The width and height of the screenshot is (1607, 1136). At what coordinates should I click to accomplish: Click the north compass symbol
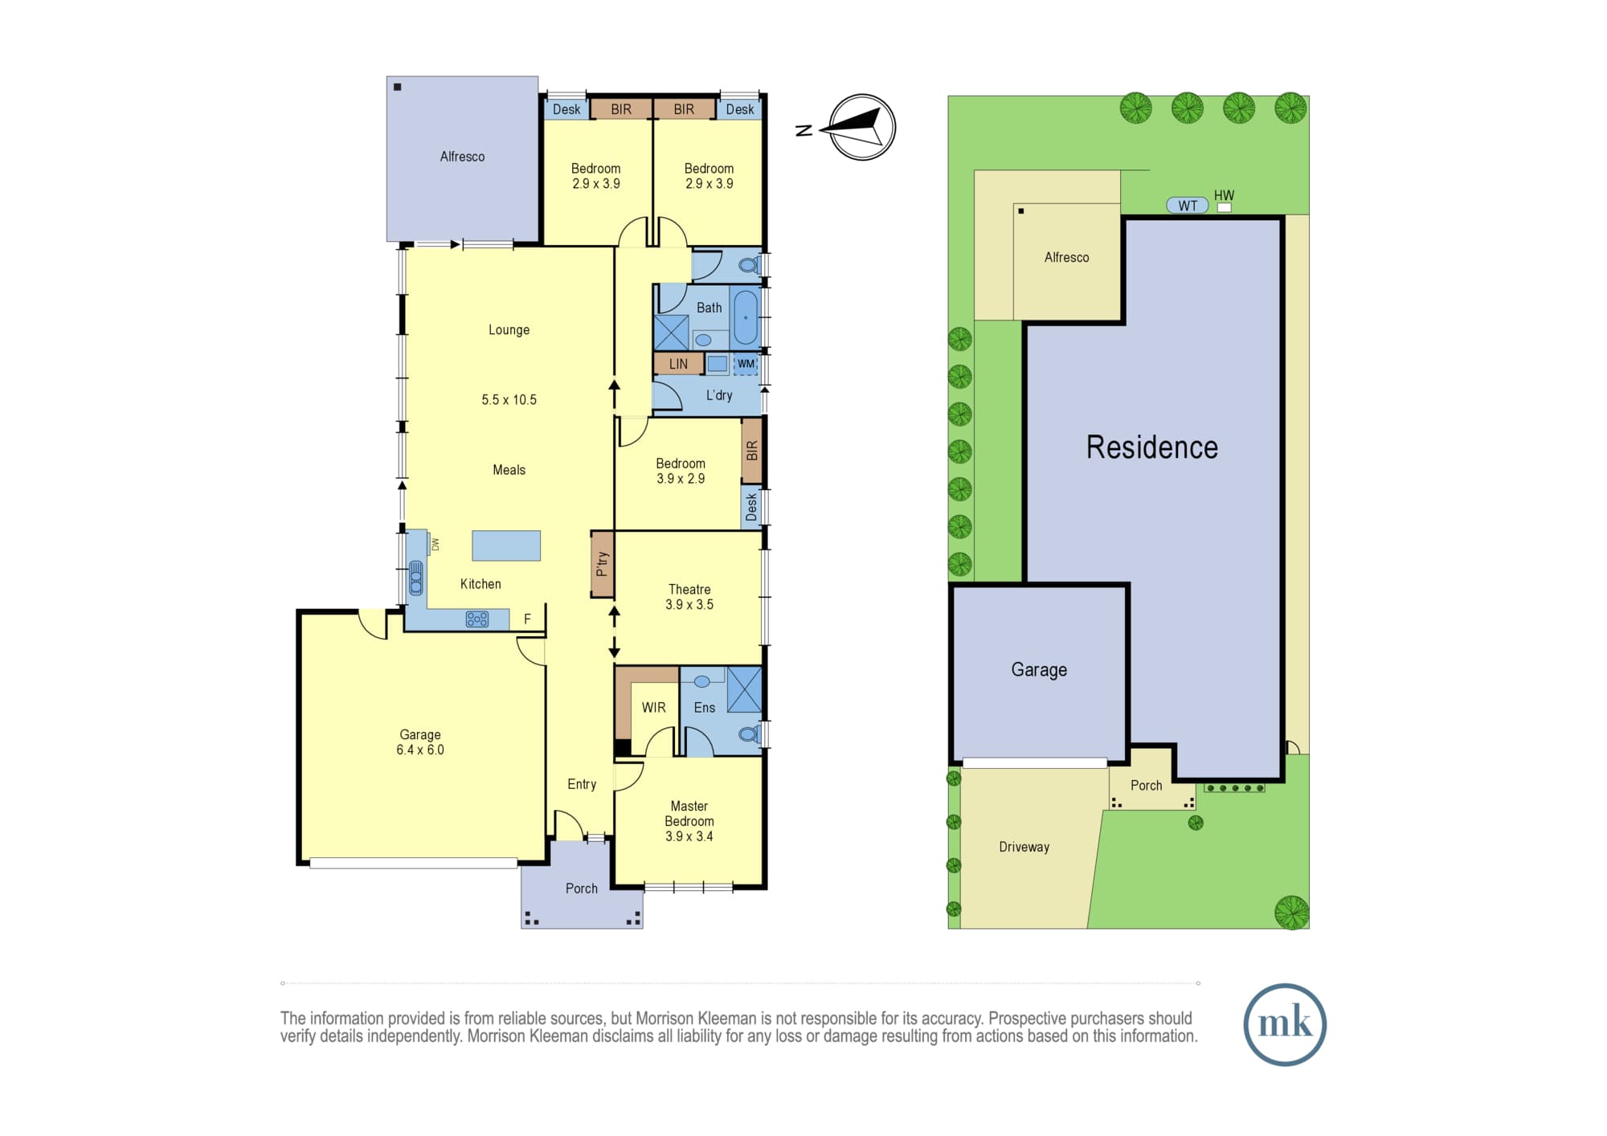[x=861, y=127]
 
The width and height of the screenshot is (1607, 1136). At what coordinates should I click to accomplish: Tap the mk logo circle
[x=1284, y=1024]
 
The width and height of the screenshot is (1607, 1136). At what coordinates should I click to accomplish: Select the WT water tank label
[x=1188, y=206]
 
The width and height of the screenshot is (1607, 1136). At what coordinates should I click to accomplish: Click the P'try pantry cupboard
[x=602, y=563]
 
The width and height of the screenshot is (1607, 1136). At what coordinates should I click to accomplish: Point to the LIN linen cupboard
[x=679, y=364]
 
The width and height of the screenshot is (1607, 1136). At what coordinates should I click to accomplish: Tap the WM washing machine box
[x=746, y=364]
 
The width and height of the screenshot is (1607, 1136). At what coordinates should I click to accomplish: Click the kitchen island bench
[x=506, y=546]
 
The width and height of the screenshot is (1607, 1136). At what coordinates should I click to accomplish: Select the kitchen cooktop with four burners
[x=477, y=619]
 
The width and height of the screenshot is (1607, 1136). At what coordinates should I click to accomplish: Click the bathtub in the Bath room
[x=746, y=317]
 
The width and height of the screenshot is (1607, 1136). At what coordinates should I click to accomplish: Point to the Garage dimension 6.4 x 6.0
[x=420, y=750]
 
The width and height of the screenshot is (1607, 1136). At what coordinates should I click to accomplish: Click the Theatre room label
[x=689, y=590]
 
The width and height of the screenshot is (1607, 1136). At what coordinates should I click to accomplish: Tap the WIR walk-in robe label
[x=653, y=708]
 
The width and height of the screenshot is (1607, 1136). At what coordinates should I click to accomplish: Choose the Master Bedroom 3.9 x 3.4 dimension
[x=689, y=836]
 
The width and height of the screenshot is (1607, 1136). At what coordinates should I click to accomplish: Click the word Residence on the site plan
[x=1152, y=447]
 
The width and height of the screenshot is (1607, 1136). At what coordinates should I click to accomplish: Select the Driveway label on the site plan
[x=1024, y=847]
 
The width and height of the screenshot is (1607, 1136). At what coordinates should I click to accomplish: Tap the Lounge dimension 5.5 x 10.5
[x=509, y=399]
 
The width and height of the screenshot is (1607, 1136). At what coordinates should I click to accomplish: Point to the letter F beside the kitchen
[x=527, y=619]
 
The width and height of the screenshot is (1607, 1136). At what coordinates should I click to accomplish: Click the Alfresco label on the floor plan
[x=462, y=157]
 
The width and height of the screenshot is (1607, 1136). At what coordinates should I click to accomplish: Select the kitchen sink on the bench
[x=416, y=578]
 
